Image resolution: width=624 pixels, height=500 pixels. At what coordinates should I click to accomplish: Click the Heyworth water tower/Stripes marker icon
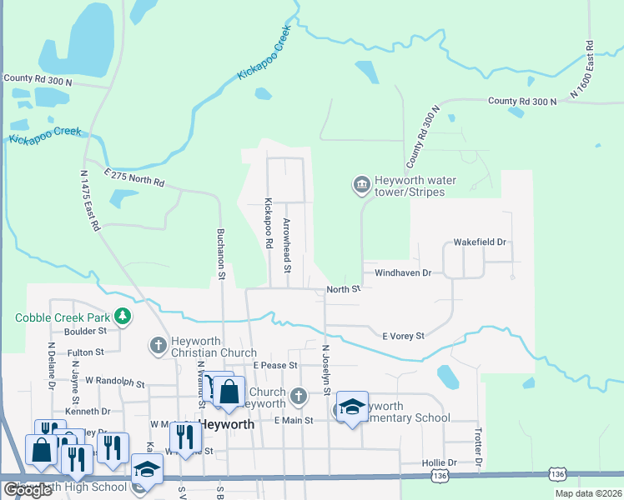point(361,184)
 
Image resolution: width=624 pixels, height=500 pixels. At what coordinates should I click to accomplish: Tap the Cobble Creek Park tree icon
point(123,317)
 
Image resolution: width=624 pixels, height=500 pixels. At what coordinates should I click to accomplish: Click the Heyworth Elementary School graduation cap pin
point(352,408)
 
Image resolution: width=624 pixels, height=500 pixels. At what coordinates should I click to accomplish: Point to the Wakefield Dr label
point(480,242)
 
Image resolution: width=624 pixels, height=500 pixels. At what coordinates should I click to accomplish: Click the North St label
point(343,289)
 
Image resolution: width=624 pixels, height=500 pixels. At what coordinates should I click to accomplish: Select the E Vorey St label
point(403,336)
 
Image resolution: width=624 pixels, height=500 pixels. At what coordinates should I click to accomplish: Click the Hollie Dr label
point(440,462)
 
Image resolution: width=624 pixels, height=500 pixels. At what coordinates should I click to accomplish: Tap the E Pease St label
point(275,366)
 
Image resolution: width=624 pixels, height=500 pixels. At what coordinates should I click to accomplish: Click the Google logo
point(28,490)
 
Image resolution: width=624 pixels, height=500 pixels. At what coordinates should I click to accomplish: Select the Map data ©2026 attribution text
point(587,493)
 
